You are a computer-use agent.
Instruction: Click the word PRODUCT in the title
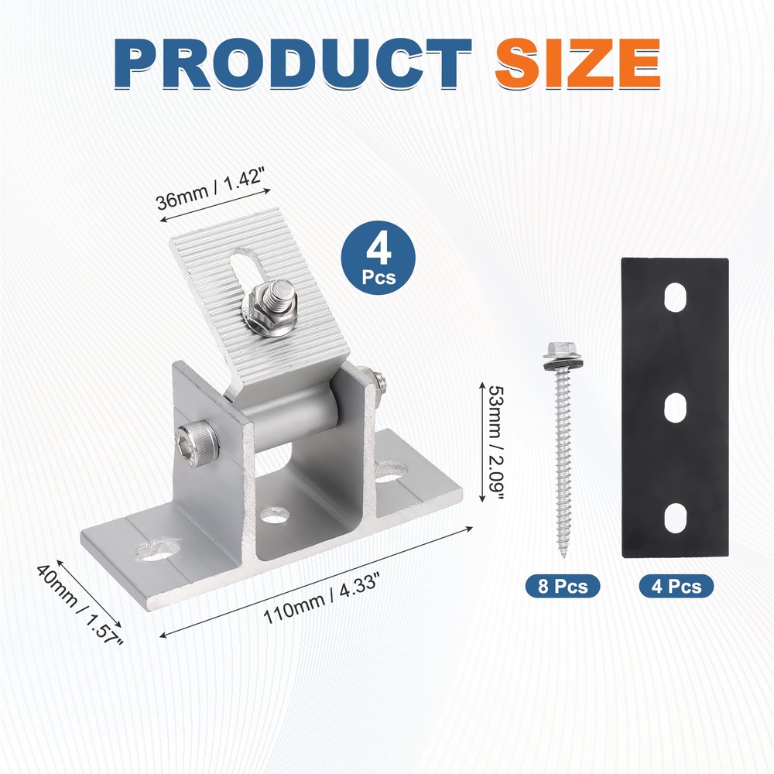click(x=293, y=63)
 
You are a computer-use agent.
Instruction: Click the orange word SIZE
click(x=577, y=63)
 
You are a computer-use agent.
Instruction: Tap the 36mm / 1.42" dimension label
click(x=211, y=188)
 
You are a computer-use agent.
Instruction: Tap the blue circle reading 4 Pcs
click(x=378, y=258)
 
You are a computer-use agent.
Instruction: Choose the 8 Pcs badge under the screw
click(x=563, y=586)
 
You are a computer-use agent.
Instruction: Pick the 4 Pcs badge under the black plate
click(x=676, y=586)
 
